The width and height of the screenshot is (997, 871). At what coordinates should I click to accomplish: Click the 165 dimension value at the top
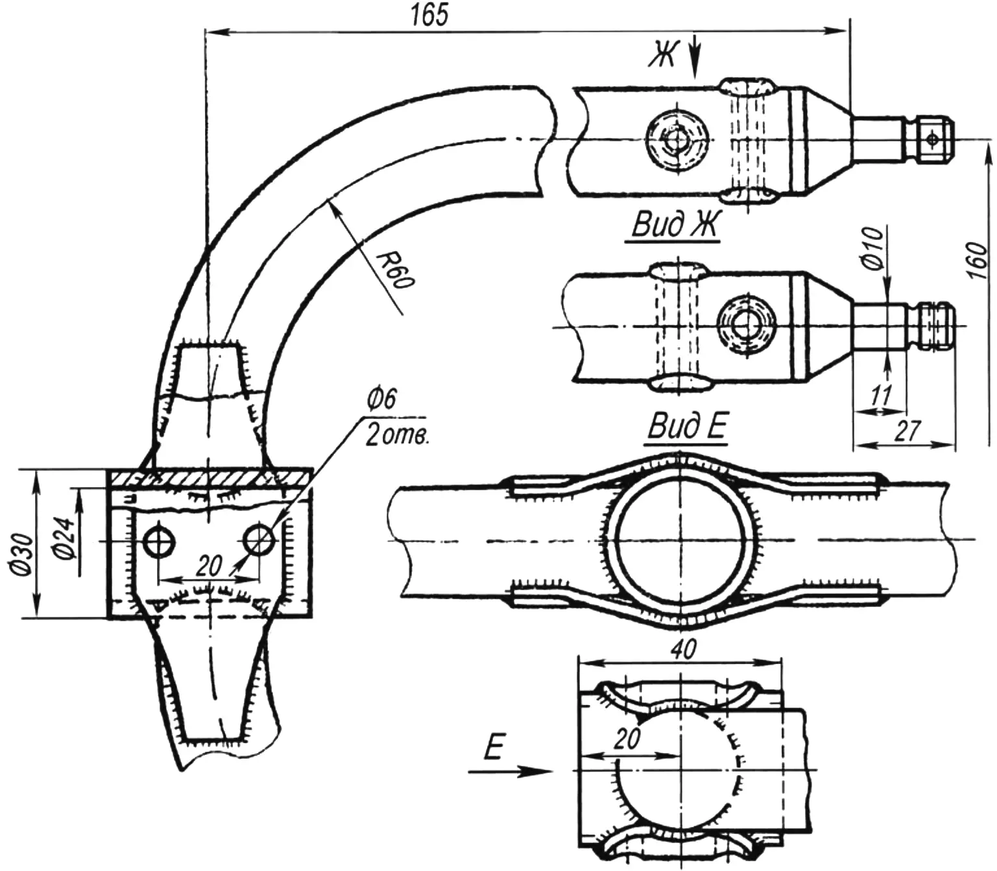click(429, 16)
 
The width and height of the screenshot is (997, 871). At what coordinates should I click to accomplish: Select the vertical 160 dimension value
click(978, 261)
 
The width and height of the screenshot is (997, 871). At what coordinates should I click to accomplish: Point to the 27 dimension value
click(907, 431)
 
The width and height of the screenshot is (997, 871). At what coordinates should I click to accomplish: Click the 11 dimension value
click(881, 395)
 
